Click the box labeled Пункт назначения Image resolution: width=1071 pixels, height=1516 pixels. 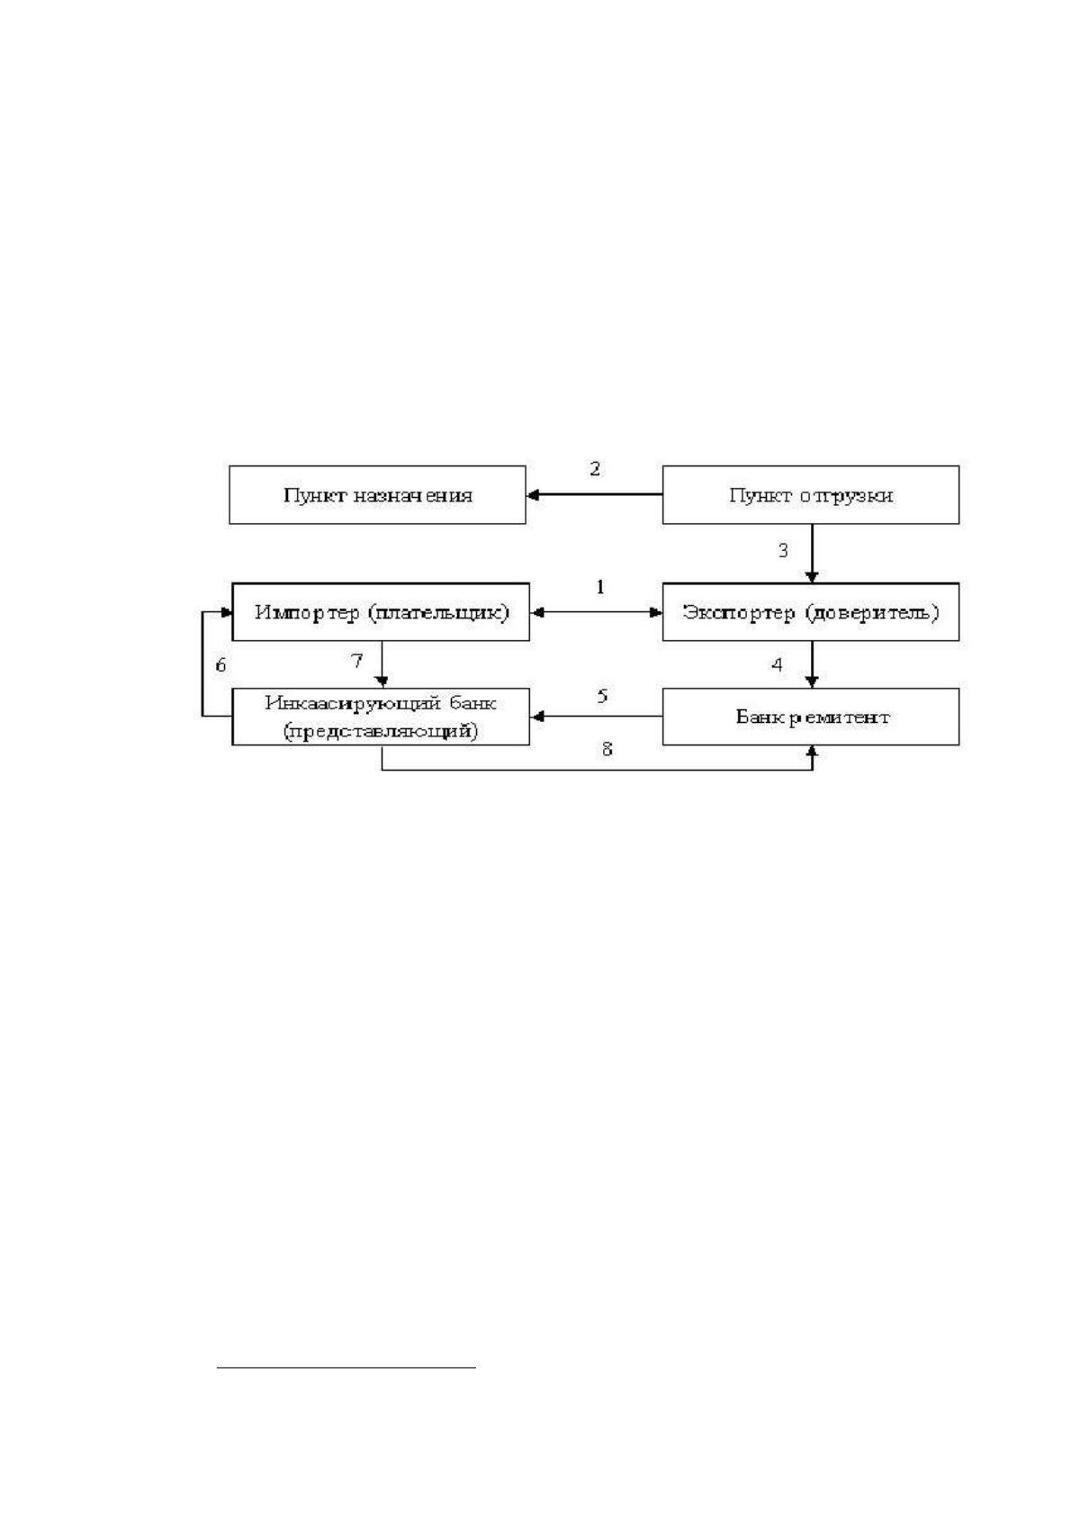point(377,495)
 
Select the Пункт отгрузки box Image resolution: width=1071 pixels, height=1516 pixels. point(811,495)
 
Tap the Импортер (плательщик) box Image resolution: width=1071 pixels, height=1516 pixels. point(381,612)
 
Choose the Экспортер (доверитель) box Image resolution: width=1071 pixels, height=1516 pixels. point(811,612)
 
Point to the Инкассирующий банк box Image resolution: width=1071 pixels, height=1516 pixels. point(381,717)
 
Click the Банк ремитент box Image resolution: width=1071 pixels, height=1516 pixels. point(811,717)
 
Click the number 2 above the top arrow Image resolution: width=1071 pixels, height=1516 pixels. point(595,468)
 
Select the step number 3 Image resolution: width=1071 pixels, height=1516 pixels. point(783,550)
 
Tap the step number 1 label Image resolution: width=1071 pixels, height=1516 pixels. point(600,587)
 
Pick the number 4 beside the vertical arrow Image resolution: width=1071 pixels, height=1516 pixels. point(778,664)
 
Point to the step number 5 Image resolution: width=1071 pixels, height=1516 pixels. point(602,696)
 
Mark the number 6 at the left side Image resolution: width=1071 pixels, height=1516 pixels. point(220,664)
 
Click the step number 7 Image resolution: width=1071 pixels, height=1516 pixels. point(357,661)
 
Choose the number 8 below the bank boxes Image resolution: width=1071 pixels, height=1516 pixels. point(607,748)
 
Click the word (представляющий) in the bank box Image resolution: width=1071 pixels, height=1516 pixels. point(381,731)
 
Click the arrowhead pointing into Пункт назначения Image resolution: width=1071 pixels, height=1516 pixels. point(533,495)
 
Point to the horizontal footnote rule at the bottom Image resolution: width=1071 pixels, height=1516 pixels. point(346,1367)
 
